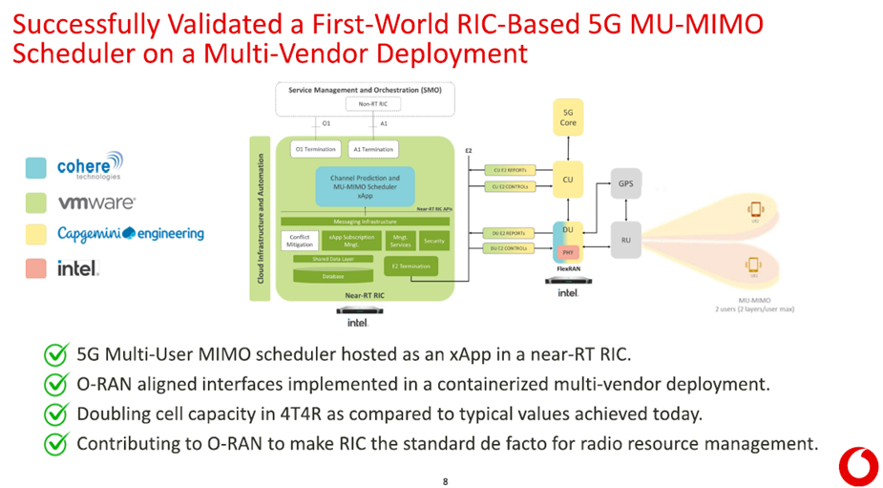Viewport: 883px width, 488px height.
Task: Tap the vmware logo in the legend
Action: (x=96, y=202)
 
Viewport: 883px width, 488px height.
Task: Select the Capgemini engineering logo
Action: (x=130, y=234)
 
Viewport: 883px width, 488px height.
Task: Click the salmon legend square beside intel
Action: (x=36, y=268)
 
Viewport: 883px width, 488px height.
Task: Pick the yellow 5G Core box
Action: (x=568, y=117)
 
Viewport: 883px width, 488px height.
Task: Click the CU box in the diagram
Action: (x=568, y=179)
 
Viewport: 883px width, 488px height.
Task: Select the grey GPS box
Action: (x=625, y=183)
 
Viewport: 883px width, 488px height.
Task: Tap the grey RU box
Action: (x=625, y=240)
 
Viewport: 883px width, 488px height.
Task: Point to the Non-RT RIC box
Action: (x=365, y=104)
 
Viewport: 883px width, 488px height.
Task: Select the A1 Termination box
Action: (x=372, y=149)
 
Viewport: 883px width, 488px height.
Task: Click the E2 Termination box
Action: (x=410, y=266)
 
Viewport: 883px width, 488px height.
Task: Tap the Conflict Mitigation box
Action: (x=300, y=242)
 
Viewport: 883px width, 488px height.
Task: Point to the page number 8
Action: (x=445, y=481)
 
